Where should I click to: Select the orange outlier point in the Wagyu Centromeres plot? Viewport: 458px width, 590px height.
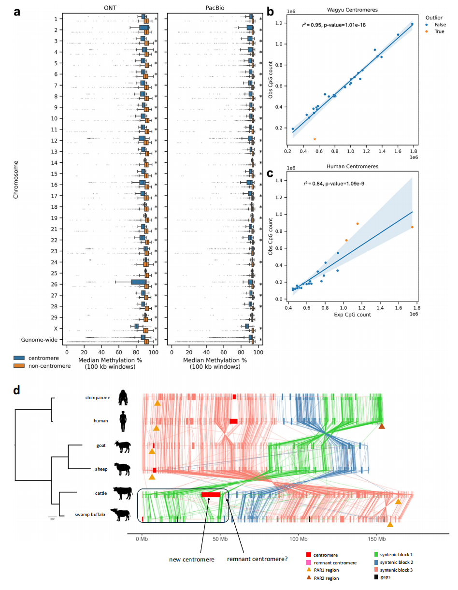(315, 139)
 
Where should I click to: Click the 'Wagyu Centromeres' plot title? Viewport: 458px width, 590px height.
(351, 10)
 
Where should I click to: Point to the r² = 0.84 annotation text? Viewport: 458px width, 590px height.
(330, 184)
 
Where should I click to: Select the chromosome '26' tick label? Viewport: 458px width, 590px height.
(56, 284)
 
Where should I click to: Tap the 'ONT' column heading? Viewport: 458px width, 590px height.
(110, 8)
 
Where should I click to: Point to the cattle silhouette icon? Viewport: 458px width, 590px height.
(122, 493)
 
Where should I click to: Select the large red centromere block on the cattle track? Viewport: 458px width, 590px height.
(211, 495)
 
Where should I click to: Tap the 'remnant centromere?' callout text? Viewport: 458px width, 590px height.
(258, 560)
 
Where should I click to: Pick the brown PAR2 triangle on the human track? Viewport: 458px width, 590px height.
(382, 426)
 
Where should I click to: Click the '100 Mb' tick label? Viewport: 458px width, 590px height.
(298, 538)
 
